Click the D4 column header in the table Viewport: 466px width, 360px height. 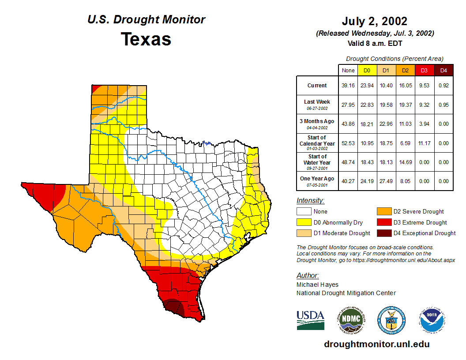pos(443,70)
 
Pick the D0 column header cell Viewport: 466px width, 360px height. pos(367,70)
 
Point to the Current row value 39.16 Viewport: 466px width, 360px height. pos(348,86)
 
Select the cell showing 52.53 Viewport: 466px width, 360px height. pos(348,143)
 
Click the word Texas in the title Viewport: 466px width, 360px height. pos(146,39)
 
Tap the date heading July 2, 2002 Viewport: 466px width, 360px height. pos(374,21)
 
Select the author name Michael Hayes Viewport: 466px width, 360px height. pos(317,285)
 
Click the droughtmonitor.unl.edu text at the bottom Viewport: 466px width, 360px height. pos(376,344)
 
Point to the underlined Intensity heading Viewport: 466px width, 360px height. pos(310,201)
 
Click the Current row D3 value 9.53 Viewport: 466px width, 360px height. pos(424,86)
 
